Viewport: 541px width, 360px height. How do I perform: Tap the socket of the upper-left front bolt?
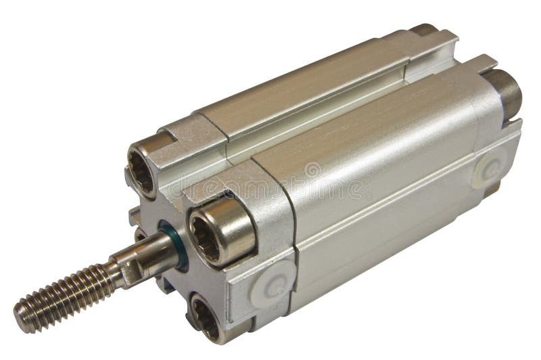click(x=143, y=166)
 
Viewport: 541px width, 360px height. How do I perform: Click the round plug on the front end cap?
click(x=274, y=287)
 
